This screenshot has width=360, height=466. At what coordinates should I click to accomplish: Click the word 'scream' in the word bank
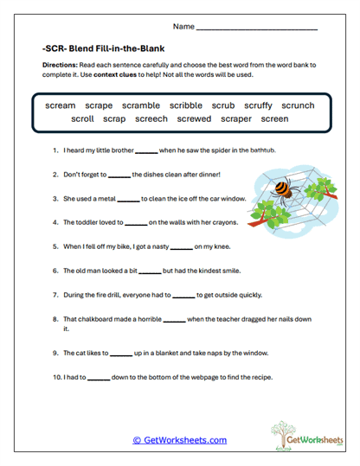tap(61, 105)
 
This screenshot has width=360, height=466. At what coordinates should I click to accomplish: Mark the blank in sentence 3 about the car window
tap(128, 199)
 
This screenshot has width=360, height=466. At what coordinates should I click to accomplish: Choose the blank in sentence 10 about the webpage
tap(99, 378)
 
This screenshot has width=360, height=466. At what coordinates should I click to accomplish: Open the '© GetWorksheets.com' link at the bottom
tap(179, 440)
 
